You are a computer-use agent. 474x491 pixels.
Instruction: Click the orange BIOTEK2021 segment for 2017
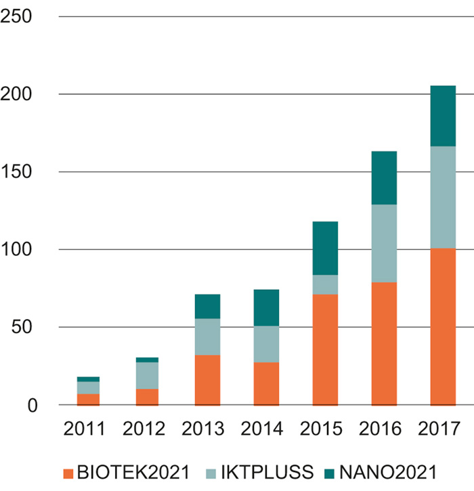click(x=443, y=326)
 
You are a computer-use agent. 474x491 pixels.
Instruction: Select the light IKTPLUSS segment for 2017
click(x=443, y=197)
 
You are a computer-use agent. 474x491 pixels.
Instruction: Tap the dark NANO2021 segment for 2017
click(x=443, y=116)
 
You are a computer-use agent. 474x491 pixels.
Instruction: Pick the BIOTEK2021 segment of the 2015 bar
click(x=325, y=349)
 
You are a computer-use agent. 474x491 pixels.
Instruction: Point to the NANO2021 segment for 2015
click(x=325, y=248)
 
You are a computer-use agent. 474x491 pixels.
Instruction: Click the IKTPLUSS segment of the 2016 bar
click(x=384, y=243)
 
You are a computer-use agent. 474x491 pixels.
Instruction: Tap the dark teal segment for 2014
click(x=266, y=307)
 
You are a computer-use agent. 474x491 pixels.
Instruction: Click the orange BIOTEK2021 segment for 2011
click(x=89, y=399)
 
